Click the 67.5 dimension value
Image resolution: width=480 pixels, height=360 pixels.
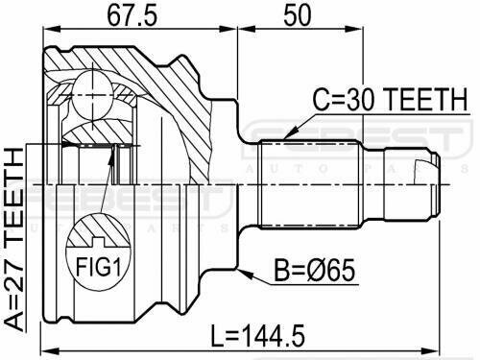(132, 15)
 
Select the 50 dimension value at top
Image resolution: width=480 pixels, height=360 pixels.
(297, 15)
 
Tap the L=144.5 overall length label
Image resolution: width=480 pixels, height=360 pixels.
(258, 336)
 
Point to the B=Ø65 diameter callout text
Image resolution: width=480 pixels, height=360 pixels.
(315, 271)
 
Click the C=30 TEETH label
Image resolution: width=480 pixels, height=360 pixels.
(390, 99)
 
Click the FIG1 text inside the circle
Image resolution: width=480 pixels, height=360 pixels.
(99, 267)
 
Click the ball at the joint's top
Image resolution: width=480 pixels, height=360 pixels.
(93, 95)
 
